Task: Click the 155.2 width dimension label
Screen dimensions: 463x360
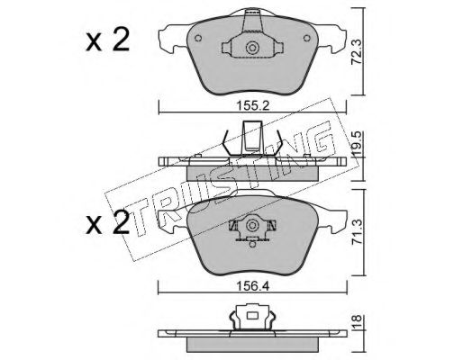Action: (253, 105)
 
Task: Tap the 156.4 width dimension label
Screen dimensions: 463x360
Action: (253, 286)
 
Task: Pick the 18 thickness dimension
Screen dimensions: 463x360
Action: (358, 322)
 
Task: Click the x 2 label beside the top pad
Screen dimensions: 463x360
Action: (107, 40)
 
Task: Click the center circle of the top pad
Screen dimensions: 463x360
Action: (251, 48)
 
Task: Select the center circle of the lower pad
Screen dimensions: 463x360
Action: (252, 225)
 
